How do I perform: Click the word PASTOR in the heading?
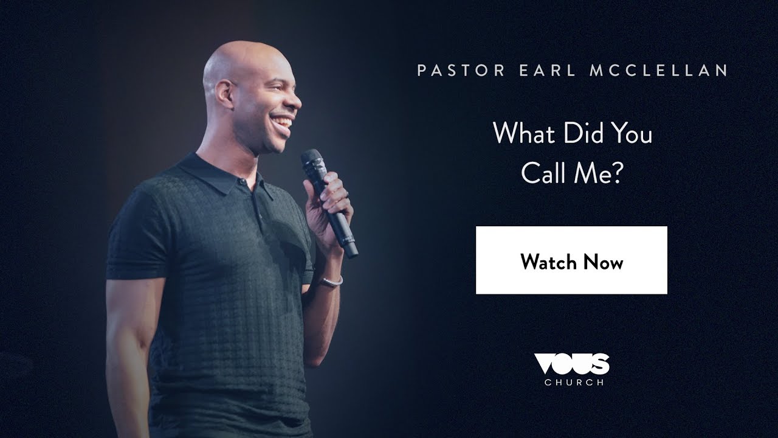point(461,71)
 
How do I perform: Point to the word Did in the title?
point(574,134)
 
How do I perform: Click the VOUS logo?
point(571,364)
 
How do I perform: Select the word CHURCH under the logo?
point(574,383)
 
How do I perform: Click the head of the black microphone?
point(312,162)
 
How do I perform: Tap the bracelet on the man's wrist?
point(332,282)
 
